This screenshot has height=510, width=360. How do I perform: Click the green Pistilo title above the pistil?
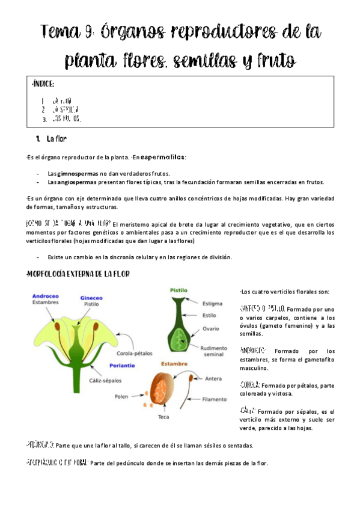point(180,289)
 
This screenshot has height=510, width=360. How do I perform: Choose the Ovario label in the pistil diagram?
point(211,328)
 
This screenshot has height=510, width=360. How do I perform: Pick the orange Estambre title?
point(174,364)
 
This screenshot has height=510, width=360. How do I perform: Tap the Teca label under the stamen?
point(163,417)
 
